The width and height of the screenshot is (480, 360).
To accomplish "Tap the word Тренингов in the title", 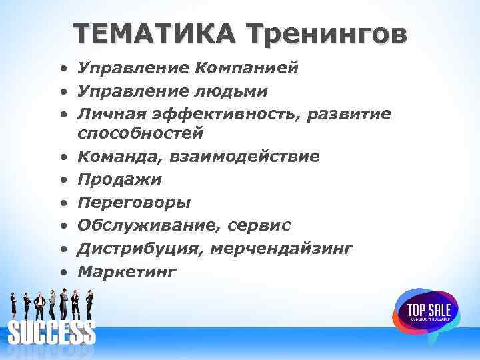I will pyautogui.click(x=325, y=34).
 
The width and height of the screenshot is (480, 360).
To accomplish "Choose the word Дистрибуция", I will pyautogui.click(x=139, y=248).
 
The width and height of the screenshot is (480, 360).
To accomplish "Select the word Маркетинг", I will pyautogui.click(x=127, y=271).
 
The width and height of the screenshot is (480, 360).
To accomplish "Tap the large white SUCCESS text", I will pyautogui.click(x=51, y=331).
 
